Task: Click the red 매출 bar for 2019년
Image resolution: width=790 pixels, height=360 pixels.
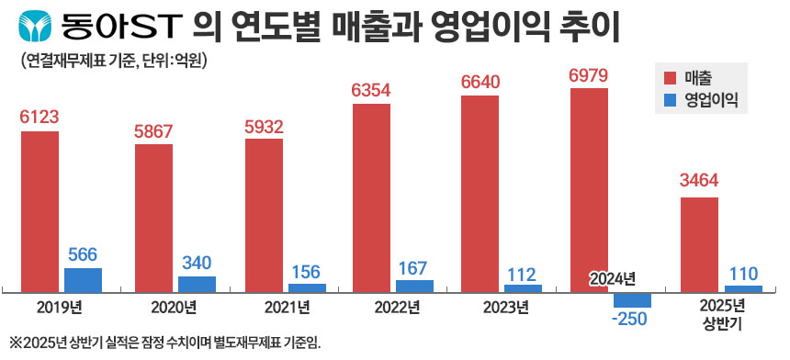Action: point(39,210)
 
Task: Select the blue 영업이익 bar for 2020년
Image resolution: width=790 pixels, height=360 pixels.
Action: point(197,284)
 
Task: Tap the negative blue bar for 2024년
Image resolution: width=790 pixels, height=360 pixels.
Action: point(632,299)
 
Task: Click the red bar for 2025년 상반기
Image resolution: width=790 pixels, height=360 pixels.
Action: point(699,244)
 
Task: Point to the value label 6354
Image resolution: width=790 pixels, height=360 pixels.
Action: point(372,92)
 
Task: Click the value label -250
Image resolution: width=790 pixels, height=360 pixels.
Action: point(632,320)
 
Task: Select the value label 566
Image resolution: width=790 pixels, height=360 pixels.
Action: point(83,254)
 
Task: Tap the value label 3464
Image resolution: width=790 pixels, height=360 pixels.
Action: point(699,184)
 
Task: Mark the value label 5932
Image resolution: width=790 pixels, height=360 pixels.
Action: point(264,127)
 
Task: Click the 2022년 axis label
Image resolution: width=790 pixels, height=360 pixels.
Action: point(392,306)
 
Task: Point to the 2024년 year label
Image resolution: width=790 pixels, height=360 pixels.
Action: point(613,279)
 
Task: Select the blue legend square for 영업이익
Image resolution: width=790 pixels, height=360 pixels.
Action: point(668,99)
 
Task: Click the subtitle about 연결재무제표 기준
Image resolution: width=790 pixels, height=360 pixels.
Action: point(115,62)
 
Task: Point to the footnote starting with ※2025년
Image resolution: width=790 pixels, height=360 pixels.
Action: point(165,343)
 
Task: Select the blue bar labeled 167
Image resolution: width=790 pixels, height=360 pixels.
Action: point(414,286)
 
